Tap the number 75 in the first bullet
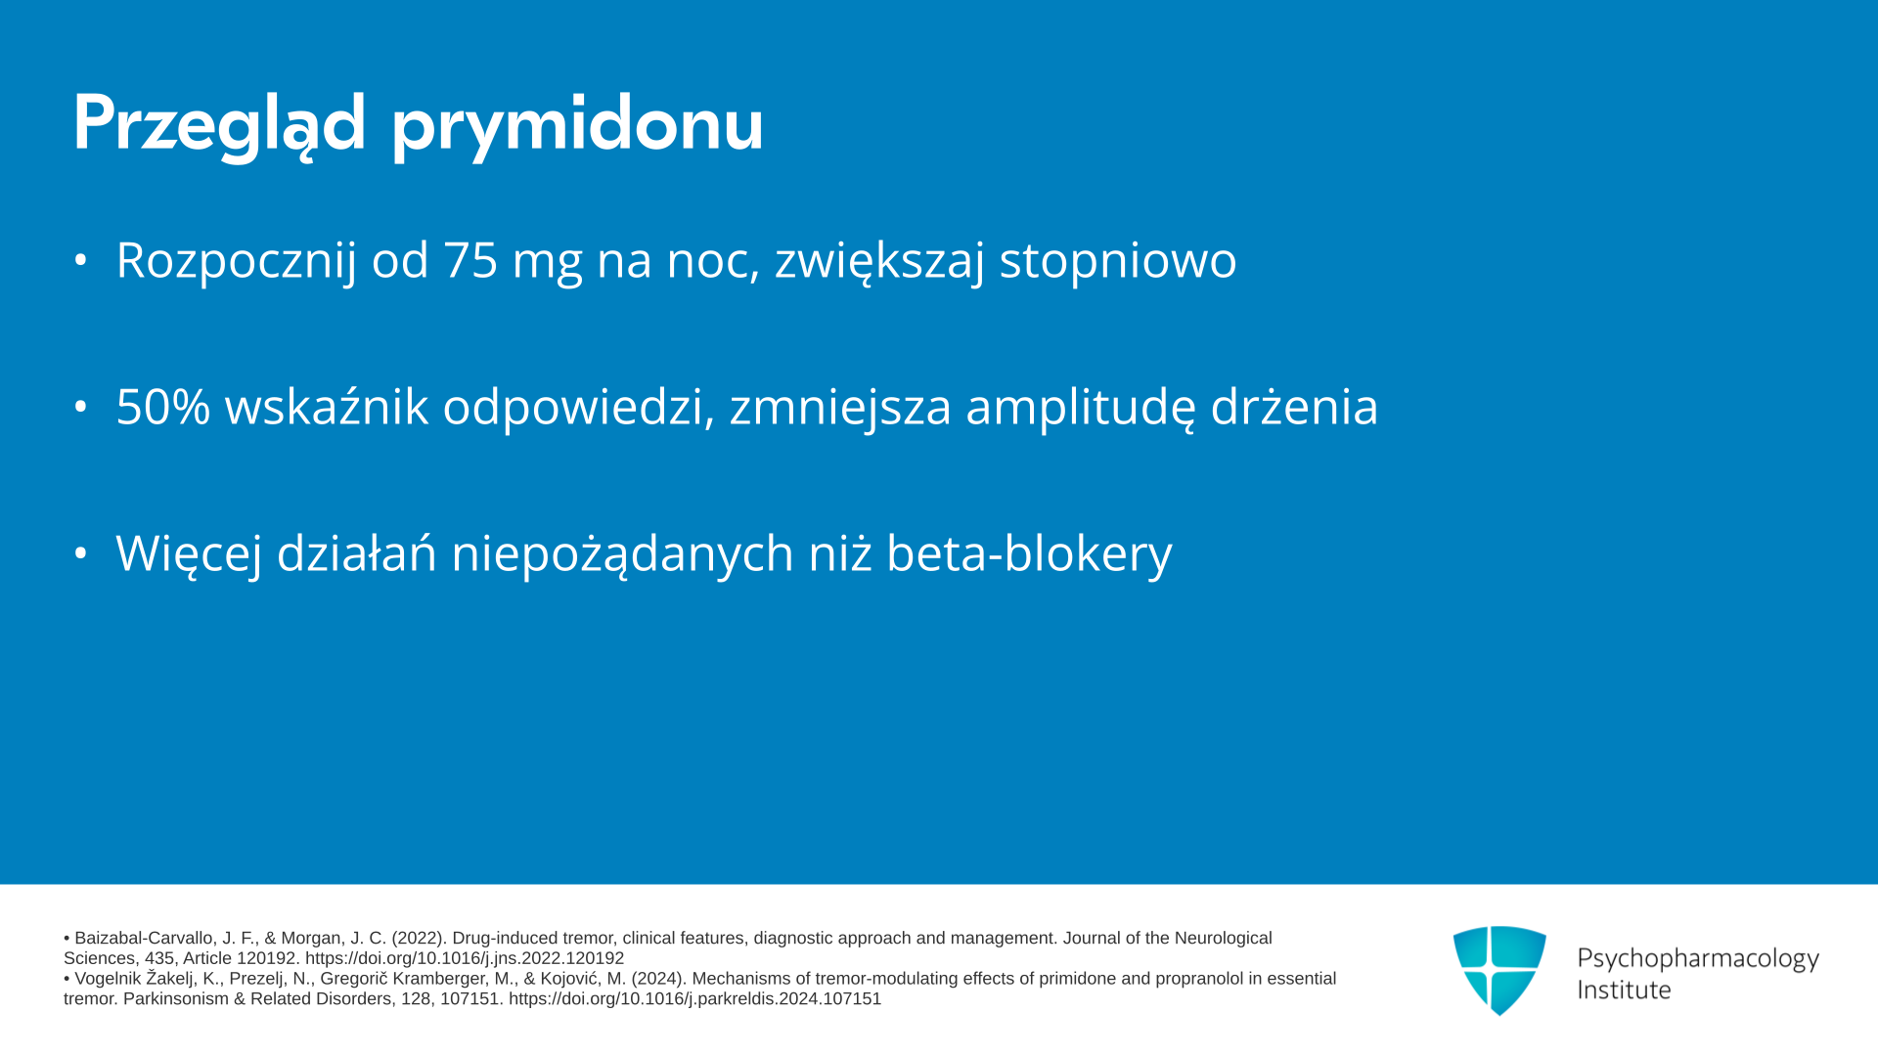(470, 260)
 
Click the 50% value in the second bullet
(163, 407)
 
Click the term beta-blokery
(1029, 553)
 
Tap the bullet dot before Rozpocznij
(81, 260)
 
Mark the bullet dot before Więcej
(81, 553)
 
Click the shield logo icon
(1499, 970)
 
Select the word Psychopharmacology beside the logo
(1698, 959)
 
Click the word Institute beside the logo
(1624, 990)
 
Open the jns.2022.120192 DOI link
(465, 958)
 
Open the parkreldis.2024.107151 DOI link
(694, 999)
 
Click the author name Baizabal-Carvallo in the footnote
(143, 939)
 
